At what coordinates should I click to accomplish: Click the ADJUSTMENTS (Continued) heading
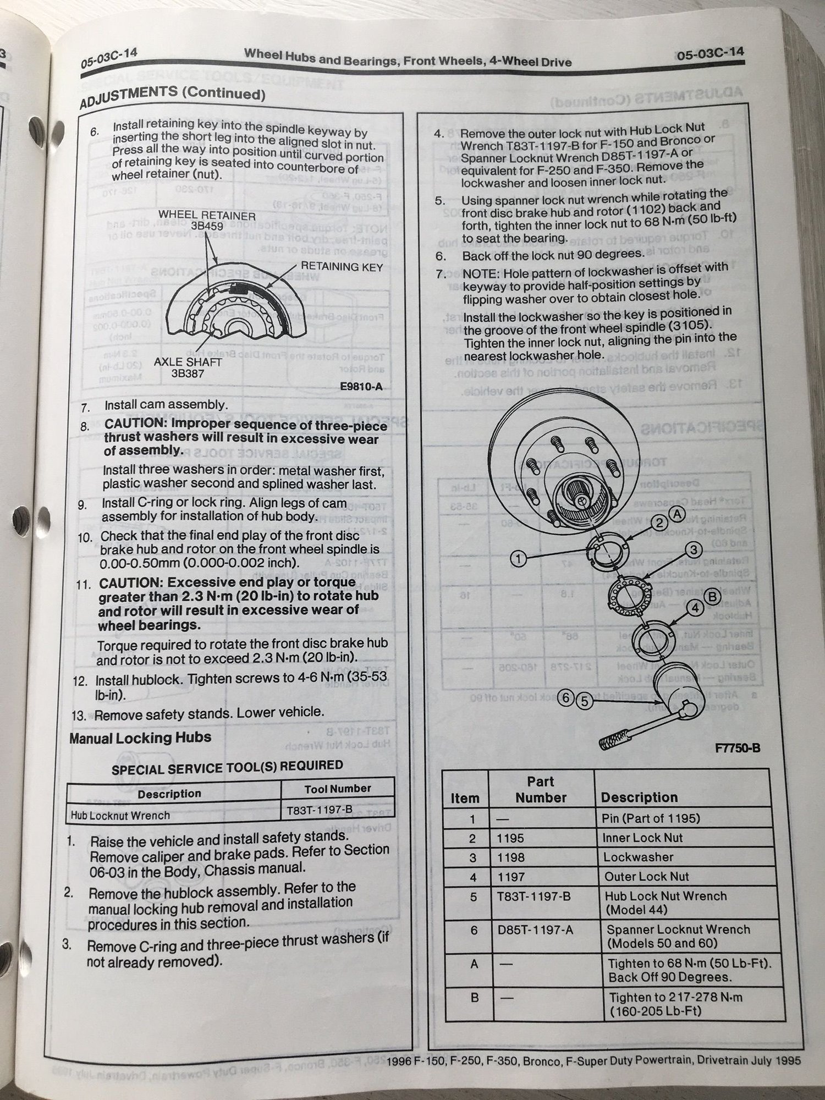point(172,97)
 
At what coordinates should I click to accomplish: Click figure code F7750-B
point(738,747)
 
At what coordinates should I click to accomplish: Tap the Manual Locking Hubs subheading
point(140,738)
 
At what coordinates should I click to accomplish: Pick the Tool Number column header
point(338,789)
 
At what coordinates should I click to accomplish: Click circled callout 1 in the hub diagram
point(518,559)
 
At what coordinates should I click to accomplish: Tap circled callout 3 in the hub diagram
point(694,549)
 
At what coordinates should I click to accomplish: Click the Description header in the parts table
point(639,797)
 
